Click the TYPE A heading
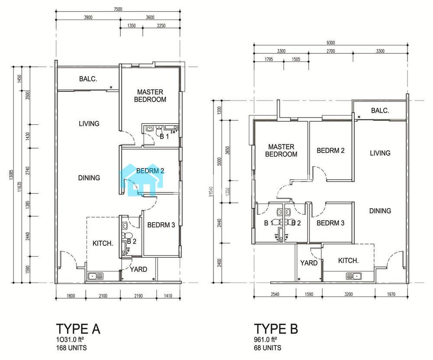(x=78, y=329)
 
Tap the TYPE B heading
(x=276, y=329)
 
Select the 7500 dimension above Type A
(x=118, y=9)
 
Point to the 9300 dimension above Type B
(x=330, y=43)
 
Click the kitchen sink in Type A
(x=95, y=276)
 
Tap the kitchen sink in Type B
(x=354, y=276)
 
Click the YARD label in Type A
(x=139, y=269)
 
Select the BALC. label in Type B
(x=380, y=111)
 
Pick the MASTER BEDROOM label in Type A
(x=150, y=96)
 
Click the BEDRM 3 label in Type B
(x=330, y=223)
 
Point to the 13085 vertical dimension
(x=11, y=175)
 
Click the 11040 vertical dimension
(x=212, y=191)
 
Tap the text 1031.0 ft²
(x=70, y=340)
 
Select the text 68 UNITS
(x=268, y=347)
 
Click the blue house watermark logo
(x=141, y=180)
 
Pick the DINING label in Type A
(x=89, y=178)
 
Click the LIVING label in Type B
(x=380, y=153)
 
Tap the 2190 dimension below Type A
(x=139, y=296)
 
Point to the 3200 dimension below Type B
(x=349, y=294)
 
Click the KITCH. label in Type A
(x=103, y=243)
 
